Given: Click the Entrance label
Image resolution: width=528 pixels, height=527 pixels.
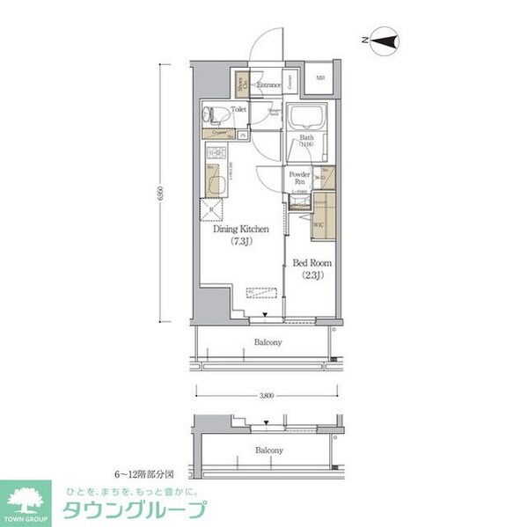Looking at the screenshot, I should tap(268, 85).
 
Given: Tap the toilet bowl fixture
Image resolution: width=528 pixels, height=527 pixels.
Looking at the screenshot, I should tap(212, 113).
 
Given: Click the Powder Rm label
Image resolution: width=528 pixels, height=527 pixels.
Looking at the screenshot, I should tap(298, 179).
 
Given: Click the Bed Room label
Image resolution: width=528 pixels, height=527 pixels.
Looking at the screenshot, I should tap(311, 262).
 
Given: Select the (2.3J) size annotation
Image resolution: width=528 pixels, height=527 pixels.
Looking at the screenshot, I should tap(311, 274).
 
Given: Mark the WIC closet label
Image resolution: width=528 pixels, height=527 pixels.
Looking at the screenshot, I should tap(319, 225).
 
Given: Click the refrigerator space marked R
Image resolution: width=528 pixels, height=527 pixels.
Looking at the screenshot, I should tap(210, 211).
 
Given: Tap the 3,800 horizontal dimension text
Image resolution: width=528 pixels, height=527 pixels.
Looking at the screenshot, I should tap(267, 397).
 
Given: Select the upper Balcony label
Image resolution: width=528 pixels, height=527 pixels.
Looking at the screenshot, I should tap(268, 342).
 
